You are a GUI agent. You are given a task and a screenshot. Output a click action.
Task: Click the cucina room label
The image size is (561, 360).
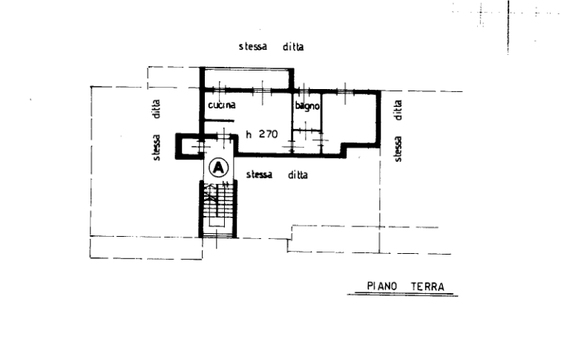click(222, 105)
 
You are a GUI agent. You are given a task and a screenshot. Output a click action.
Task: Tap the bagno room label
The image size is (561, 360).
click(307, 106)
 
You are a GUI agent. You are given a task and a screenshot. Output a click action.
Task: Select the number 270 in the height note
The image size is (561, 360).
click(269, 134)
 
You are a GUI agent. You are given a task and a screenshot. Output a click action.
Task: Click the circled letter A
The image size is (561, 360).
click(219, 168)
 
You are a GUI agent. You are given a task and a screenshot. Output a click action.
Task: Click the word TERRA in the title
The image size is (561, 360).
click(427, 287)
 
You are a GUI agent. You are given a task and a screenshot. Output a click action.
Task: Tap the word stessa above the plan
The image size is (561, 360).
click(253, 47)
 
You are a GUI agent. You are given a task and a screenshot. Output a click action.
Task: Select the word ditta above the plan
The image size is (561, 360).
click(293, 47)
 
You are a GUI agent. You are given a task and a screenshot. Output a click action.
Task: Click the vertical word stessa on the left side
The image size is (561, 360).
click(157, 148)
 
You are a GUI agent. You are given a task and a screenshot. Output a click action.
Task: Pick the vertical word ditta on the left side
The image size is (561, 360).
click(157, 109)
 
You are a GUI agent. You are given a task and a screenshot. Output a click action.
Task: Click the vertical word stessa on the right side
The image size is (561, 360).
click(398, 149)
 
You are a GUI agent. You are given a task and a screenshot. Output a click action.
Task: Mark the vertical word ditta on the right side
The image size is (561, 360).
click(398, 110)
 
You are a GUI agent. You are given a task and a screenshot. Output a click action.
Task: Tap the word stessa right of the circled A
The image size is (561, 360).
click(260, 174)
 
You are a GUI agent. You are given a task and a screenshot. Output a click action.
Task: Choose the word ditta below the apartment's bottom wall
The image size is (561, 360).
click(298, 175)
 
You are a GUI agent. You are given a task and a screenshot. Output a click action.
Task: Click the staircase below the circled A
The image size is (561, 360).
click(218, 209)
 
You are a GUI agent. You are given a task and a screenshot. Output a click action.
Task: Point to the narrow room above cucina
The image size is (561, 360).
click(247, 78)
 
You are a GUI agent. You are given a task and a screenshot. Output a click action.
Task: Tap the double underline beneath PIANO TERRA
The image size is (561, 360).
click(402, 295)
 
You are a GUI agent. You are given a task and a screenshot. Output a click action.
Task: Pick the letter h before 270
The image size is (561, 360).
click(249, 134)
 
